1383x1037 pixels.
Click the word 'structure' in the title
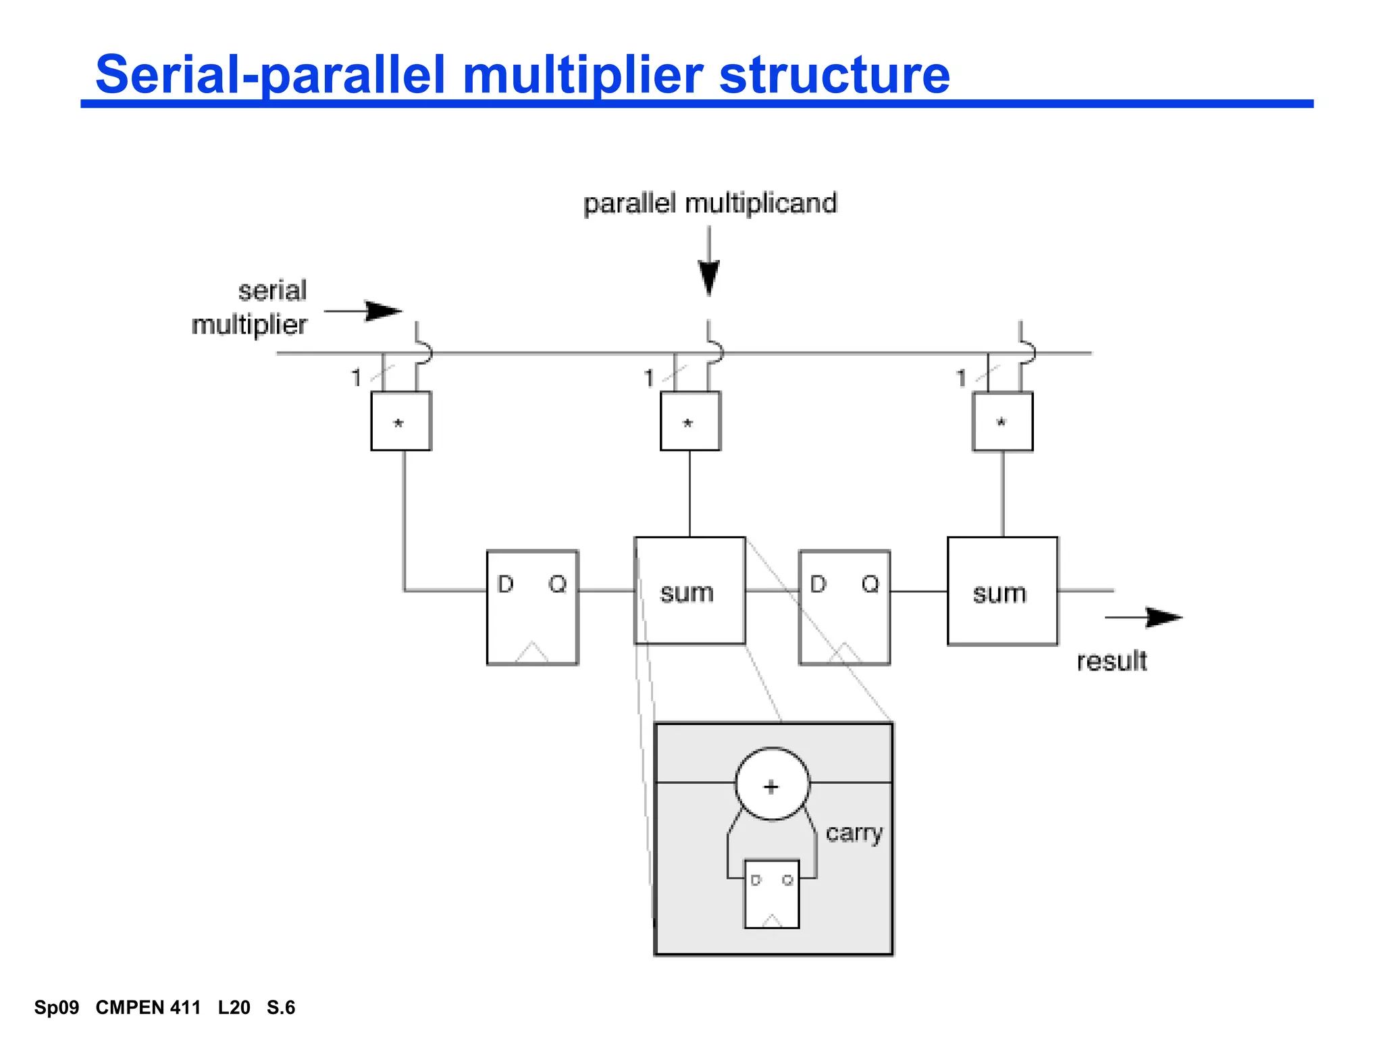(x=834, y=74)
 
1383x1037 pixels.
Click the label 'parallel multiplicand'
(x=710, y=203)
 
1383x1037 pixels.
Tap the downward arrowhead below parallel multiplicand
(x=708, y=277)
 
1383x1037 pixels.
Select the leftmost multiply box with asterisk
(x=400, y=421)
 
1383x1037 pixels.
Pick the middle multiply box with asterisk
(x=689, y=421)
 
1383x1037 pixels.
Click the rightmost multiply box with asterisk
(x=1002, y=421)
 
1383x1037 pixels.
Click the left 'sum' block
(x=689, y=591)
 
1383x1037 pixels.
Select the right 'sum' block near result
(x=1002, y=591)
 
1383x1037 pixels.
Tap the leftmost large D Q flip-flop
(x=532, y=608)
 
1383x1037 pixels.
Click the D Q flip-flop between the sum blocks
(x=844, y=608)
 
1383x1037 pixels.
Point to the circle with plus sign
(x=772, y=785)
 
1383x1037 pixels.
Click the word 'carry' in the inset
(x=854, y=833)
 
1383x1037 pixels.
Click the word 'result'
(x=1112, y=661)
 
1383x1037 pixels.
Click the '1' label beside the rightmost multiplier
(x=962, y=378)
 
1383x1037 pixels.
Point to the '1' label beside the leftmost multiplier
(x=356, y=377)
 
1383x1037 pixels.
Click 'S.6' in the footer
(x=281, y=1007)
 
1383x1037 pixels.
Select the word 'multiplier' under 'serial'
(x=249, y=325)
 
